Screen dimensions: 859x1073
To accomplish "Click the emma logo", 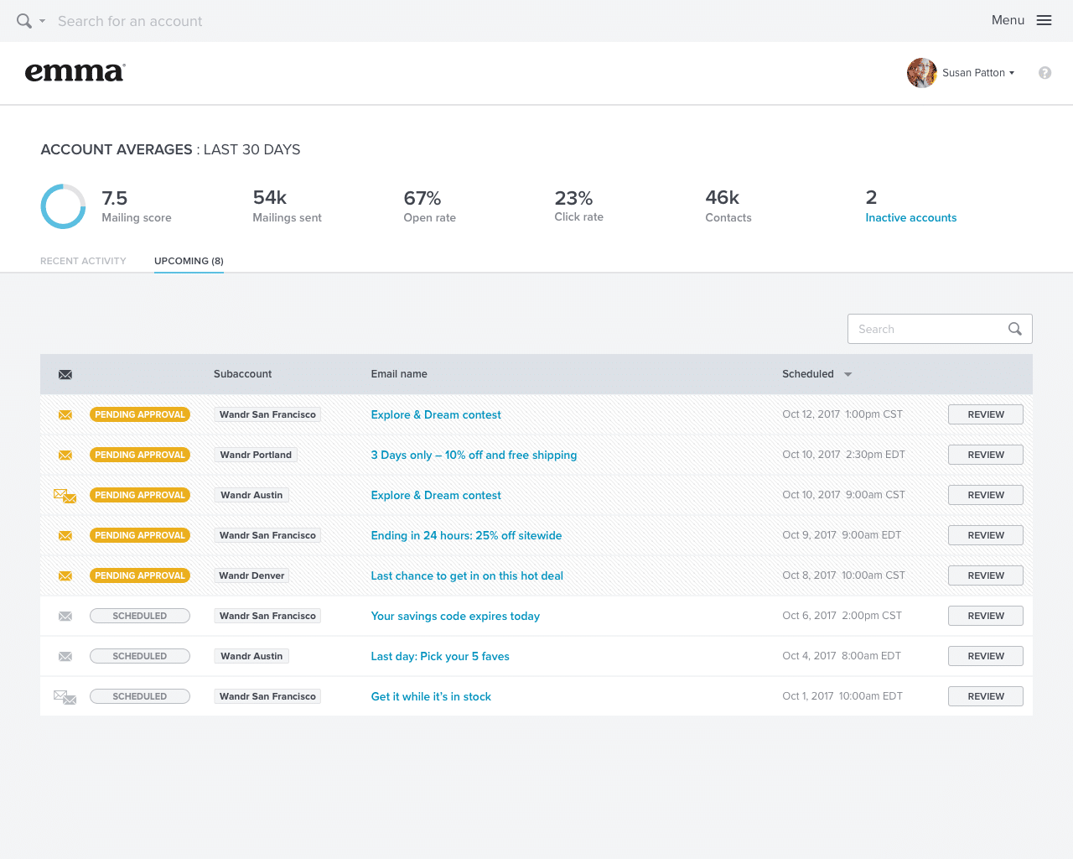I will click(75, 72).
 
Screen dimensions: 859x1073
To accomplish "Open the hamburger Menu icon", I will click(1044, 20).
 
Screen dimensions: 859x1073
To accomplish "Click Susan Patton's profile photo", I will click(921, 73).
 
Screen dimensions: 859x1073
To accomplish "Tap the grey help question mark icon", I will click(1044, 73).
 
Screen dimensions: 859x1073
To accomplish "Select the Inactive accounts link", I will click(910, 217).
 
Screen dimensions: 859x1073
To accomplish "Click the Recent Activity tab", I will click(83, 261).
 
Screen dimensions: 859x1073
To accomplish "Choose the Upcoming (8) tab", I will click(189, 261).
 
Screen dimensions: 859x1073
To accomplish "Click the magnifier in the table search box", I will click(1014, 329).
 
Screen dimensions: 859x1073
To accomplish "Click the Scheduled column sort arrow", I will click(848, 374).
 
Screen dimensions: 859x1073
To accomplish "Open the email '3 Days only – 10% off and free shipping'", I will click(474, 455).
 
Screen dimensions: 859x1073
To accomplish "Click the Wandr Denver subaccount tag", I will click(251, 575).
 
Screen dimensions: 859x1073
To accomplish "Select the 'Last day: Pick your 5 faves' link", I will click(440, 656).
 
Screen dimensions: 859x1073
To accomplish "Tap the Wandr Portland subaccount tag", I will click(256, 455).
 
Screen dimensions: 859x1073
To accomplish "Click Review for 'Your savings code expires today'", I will click(985, 616).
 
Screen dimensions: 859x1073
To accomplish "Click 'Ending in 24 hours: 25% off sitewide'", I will click(466, 535).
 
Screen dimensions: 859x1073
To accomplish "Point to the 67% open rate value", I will click(422, 198).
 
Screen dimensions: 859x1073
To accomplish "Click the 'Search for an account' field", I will click(130, 21).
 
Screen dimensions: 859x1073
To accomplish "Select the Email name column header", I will click(399, 374).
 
